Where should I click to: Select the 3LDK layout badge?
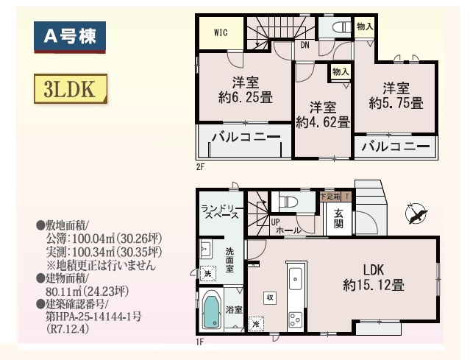(x=70, y=90)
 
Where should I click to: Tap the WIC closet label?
(x=221, y=33)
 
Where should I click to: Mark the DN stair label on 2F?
(x=305, y=45)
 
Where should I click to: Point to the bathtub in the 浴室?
(x=212, y=311)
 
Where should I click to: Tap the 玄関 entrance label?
(x=338, y=218)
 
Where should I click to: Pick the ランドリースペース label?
(x=219, y=213)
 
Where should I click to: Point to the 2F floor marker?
(x=200, y=167)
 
